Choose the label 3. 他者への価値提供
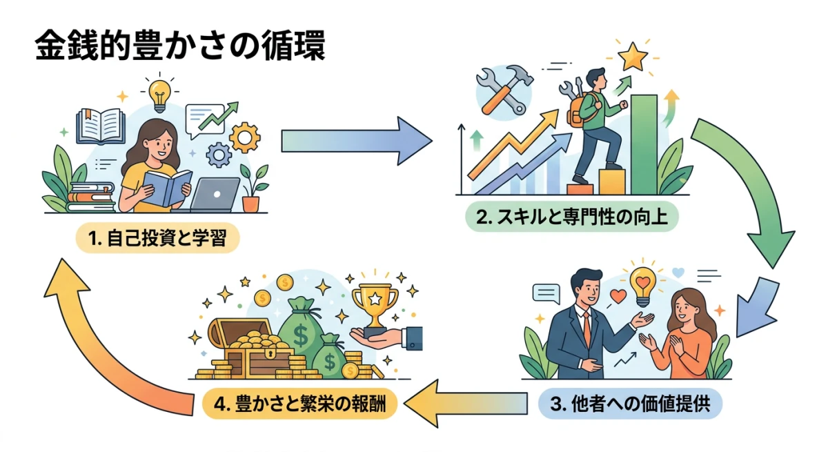630,404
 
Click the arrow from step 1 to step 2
355,140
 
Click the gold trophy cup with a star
375,304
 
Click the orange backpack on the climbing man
574,110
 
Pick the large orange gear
244,136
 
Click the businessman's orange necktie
586,330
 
